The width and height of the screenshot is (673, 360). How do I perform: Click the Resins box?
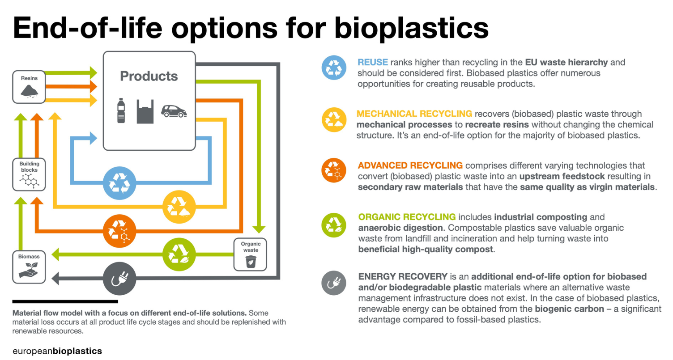[x=29, y=87]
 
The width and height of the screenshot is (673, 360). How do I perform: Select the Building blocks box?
[x=29, y=174]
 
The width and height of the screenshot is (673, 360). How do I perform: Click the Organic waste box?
[x=250, y=254]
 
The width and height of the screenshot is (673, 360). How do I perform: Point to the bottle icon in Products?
[x=121, y=110]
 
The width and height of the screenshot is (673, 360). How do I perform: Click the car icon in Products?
[x=174, y=111]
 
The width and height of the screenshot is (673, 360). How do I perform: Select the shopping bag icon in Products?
[x=145, y=111]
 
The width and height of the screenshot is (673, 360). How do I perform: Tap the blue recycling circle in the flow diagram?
[x=119, y=183]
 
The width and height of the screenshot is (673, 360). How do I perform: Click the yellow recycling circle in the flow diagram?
[x=179, y=207]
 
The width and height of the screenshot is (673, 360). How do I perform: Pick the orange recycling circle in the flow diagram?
[x=119, y=231]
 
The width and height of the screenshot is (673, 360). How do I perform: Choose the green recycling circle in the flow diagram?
[x=179, y=254]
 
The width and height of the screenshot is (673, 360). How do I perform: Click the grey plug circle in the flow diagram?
[x=119, y=279]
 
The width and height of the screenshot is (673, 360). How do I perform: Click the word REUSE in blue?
[x=373, y=62]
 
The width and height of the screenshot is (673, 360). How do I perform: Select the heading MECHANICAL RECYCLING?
[x=414, y=114]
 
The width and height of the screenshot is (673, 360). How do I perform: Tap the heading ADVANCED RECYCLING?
[x=410, y=165]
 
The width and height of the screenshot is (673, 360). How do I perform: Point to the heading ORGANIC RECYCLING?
[x=407, y=217]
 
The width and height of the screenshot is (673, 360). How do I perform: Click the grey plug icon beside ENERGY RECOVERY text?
[x=333, y=283]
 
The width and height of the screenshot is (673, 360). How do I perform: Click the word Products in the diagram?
[x=149, y=76]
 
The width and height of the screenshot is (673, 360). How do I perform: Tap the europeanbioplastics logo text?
[x=57, y=351]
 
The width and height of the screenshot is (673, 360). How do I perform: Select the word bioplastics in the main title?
[x=411, y=28]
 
